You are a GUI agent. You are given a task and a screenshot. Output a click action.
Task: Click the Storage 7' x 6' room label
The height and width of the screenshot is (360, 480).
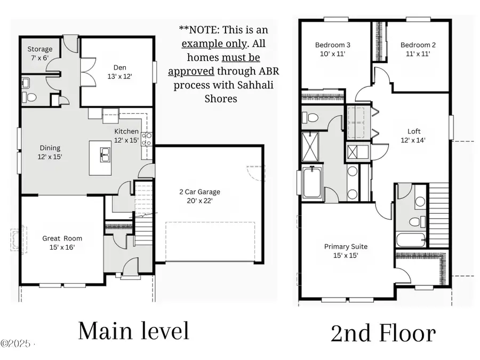[40, 53]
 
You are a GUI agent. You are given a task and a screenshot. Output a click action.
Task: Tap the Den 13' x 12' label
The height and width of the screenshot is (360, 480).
[119, 72]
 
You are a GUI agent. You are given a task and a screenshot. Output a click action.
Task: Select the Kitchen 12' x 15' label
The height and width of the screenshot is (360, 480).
[126, 135]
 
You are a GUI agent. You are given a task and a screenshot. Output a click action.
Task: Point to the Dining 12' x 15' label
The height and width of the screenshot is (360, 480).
[50, 152]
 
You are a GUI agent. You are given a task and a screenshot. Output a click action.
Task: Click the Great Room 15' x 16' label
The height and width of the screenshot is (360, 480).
[62, 243]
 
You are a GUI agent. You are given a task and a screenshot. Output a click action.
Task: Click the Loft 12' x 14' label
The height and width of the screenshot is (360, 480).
[414, 135]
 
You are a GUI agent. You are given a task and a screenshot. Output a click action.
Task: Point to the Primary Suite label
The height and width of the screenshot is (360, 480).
[346, 251]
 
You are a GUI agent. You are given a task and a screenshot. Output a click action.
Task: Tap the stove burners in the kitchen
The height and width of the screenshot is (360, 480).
[147, 139]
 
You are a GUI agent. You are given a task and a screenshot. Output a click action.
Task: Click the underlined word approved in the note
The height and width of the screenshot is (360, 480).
[191, 71]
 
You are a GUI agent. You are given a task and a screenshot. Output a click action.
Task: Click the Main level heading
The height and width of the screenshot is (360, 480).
[133, 331]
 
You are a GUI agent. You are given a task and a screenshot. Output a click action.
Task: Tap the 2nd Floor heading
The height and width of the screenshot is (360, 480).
[383, 333]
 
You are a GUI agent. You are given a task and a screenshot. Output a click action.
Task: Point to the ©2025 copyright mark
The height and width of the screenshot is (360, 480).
[16, 342]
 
